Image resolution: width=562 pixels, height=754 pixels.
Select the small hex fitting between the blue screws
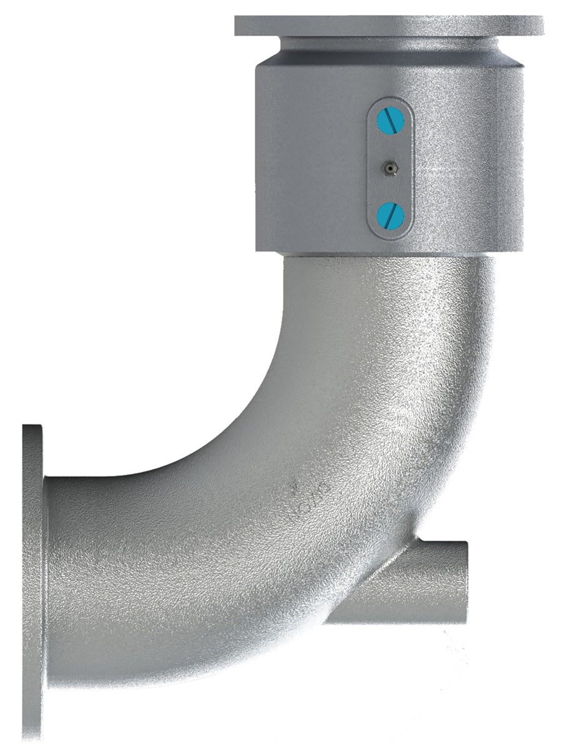(x=390, y=167)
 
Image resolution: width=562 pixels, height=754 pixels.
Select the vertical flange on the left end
(x=32, y=580)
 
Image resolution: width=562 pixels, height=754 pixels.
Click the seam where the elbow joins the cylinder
(x=387, y=255)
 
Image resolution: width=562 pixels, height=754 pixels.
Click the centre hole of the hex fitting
(x=390, y=167)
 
